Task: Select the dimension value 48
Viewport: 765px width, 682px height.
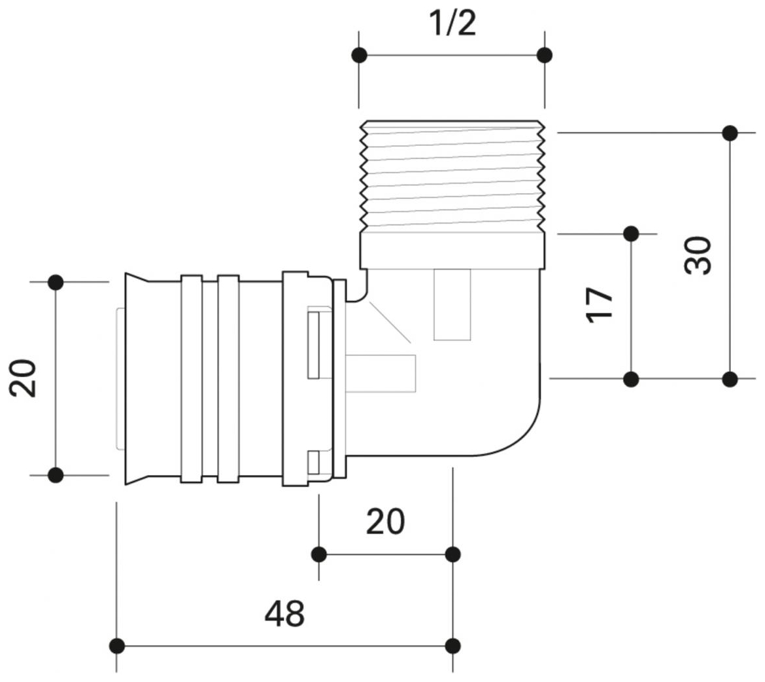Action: [x=284, y=614]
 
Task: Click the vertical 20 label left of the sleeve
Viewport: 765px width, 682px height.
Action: [x=24, y=379]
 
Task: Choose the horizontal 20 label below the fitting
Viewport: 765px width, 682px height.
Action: [x=385, y=522]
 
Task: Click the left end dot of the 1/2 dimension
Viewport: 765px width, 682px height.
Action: [x=359, y=55]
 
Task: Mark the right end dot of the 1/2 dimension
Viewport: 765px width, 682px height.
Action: [x=544, y=55]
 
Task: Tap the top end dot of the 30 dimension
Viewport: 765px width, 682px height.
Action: [x=730, y=133]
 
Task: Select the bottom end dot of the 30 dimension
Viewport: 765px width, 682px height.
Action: [x=730, y=378]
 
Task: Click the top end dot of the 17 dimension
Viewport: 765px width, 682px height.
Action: [x=631, y=233]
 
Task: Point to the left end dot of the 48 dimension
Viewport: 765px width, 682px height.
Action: [x=117, y=646]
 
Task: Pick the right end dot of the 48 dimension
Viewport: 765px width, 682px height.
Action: [x=452, y=646]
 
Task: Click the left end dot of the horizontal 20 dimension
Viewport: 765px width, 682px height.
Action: [x=319, y=555]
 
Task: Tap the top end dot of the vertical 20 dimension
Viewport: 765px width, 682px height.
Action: [x=56, y=282]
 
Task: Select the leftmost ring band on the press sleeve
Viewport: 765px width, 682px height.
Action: [x=192, y=379]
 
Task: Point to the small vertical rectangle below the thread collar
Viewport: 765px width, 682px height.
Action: [x=452, y=305]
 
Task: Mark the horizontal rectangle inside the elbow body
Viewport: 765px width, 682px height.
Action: [x=381, y=374]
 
